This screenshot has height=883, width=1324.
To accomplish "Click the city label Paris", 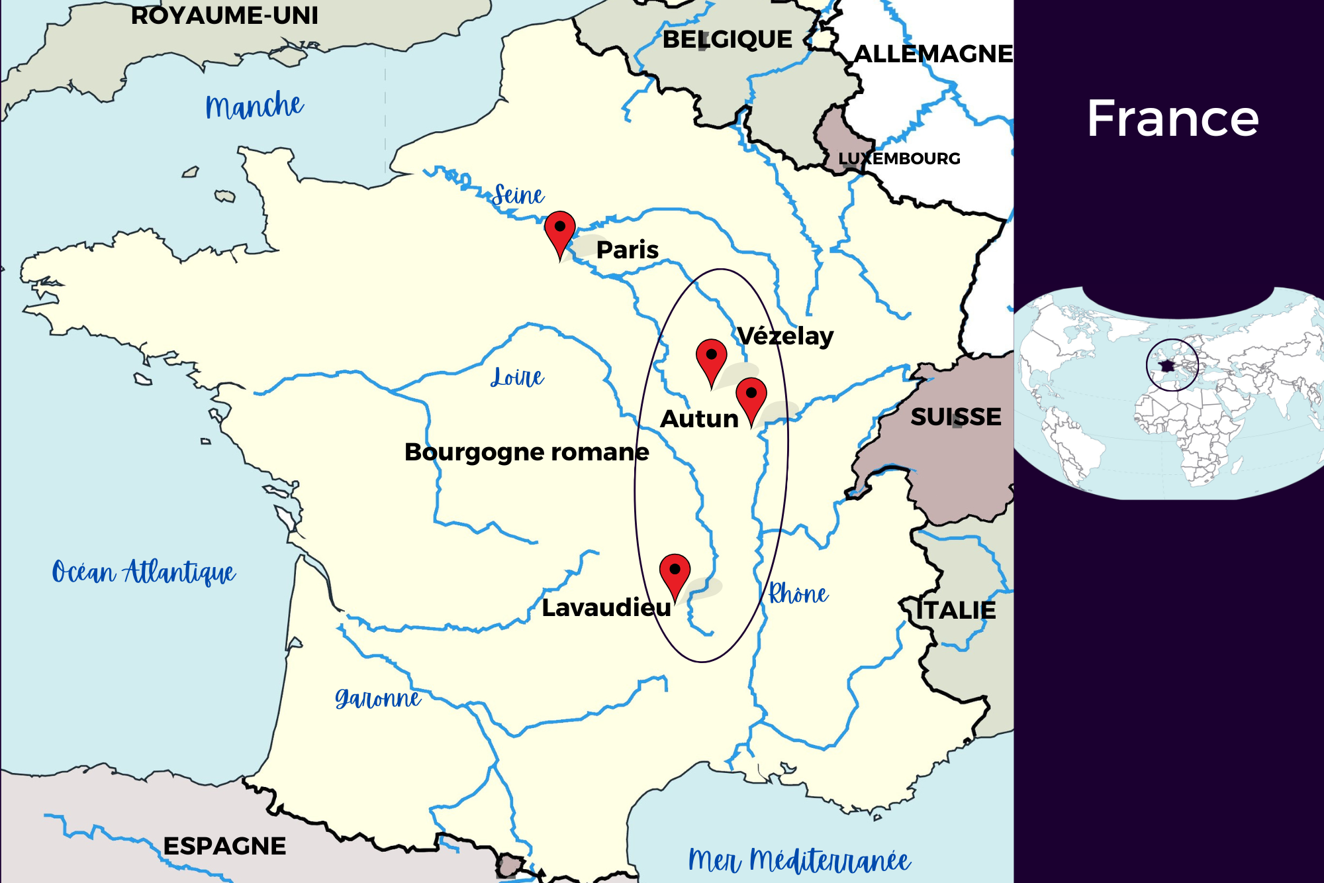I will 627,250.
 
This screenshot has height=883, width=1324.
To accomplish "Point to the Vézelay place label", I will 785,336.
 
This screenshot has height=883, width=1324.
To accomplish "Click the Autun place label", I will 699,419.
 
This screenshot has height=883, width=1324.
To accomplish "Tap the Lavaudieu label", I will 606,607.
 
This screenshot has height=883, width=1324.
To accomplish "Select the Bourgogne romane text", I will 526,452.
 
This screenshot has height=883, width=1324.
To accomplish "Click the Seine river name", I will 518,195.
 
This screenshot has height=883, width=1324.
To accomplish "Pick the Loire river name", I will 517,377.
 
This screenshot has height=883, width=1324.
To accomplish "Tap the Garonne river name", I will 377,698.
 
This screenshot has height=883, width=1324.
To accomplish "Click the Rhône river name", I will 798,594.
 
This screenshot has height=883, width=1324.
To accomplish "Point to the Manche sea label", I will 254,106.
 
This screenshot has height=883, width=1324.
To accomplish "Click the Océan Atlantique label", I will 144,572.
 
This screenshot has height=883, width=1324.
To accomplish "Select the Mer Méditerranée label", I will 799,860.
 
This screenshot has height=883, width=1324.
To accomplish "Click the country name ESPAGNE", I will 224,846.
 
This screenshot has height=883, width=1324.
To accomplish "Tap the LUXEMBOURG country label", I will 899,158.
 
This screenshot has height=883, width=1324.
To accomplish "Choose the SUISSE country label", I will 955,417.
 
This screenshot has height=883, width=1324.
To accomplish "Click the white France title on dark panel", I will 1172,119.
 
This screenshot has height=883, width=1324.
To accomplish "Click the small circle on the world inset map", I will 1172,365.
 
